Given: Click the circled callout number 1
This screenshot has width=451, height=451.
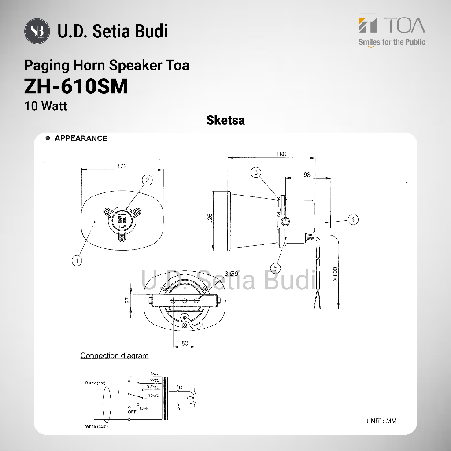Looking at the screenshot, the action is click(x=77, y=261).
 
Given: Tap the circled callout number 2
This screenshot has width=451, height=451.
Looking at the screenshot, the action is click(x=147, y=180).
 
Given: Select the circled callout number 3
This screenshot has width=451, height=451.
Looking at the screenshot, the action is click(x=256, y=173).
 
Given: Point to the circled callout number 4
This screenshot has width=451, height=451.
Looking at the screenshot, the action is click(x=353, y=219).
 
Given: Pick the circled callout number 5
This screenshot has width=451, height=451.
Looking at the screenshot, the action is click(x=276, y=268).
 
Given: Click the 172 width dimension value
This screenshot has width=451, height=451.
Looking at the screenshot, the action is click(x=122, y=166).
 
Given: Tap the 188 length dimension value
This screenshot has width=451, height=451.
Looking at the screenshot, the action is click(x=281, y=154).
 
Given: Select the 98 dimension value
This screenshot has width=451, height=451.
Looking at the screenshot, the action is click(x=307, y=174).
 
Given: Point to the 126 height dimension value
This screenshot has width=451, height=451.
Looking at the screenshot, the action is click(x=210, y=218).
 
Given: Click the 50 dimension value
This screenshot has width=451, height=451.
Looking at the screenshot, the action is click(x=185, y=343).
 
